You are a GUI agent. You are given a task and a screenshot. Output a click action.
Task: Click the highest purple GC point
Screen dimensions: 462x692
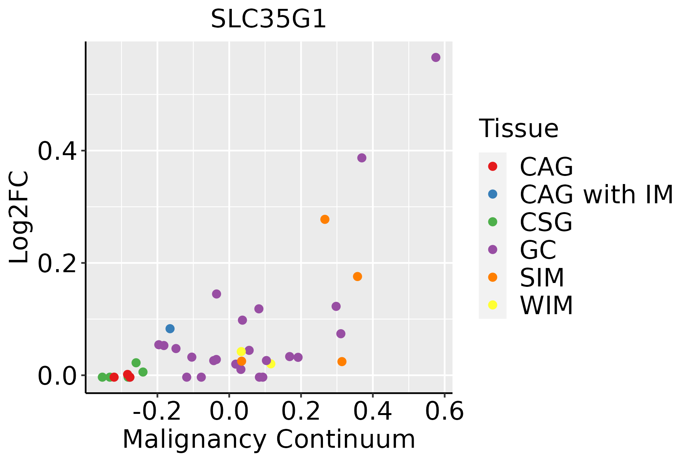(436, 57)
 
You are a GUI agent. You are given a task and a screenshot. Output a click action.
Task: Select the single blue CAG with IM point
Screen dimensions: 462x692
(170, 328)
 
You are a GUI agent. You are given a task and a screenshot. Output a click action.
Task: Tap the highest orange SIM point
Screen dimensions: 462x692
(325, 219)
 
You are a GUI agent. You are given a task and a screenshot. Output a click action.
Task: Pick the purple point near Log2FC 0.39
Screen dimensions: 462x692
(362, 158)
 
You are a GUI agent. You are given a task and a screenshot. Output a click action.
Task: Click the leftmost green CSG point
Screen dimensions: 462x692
(102, 377)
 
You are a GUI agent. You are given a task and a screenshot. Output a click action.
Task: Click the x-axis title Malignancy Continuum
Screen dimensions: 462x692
(269, 439)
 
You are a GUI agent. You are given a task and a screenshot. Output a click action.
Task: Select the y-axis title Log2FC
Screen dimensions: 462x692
(19, 218)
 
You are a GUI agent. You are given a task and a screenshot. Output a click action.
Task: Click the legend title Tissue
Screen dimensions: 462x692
(519, 129)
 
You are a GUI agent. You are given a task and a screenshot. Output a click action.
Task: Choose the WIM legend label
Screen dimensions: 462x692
(546, 306)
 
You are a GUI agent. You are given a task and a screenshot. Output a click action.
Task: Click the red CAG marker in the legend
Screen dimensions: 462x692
(492, 166)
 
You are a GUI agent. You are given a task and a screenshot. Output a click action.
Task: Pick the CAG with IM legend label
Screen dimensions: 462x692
(596, 195)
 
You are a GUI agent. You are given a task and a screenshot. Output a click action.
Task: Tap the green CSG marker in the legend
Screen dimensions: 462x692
(492, 222)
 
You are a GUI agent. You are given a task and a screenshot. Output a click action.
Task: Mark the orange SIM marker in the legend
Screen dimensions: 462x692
(492, 277)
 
